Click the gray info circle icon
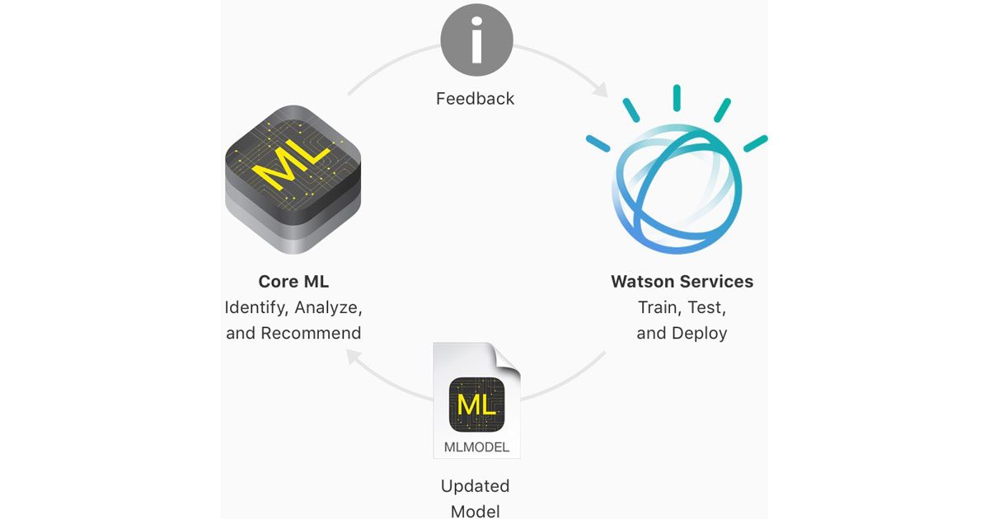[476, 40]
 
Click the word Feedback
[475, 99]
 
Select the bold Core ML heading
[293, 282]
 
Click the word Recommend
[311, 334]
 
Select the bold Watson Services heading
[682, 282]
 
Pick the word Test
[707, 308]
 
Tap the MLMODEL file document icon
[476, 400]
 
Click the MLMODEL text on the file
[476, 448]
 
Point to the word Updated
[475, 486]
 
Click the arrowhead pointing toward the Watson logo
[599, 87]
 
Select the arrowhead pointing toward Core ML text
[352, 357]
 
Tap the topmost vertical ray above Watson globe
[676, 97]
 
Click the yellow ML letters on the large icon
[286, 167]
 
